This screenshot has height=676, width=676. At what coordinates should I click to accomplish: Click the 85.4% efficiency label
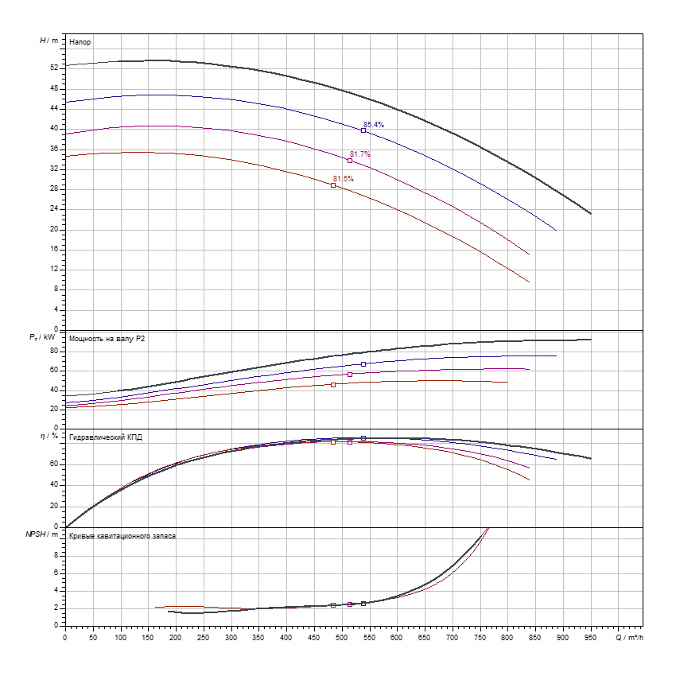pyautogui.click(x=374, y=125)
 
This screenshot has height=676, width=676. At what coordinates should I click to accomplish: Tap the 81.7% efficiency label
pyautogui.click(x=360, y=154)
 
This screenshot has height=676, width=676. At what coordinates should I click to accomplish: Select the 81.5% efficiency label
pyautogui.click(x=344, y=179)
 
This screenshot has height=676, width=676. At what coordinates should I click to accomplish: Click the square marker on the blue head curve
pyautogui.click(x=363, y=130)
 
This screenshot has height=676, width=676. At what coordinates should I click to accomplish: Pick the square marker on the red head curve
pyautogui.click(x=333, y=185)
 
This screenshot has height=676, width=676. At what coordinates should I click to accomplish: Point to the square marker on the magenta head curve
pyautogui.click(x=350, y=161)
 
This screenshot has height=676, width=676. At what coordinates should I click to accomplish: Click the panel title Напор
pyautogui.click(x=79, y=41)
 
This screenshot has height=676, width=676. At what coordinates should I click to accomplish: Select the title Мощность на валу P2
pyautogui.click(x=107, y=339)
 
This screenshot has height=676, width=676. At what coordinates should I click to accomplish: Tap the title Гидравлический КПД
pyautogui.click(x=106, y=437)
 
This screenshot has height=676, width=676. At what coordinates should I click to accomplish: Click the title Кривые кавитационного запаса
pyautogui.click(x=122, y=536)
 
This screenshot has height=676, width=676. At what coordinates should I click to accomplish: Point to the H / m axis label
pyautogui.click(x=49, y=40)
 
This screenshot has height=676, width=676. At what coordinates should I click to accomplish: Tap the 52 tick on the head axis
pyautogui.click(x=54, y=68)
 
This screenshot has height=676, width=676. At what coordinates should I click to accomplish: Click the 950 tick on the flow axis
pyautogui.click(x=590, y=637)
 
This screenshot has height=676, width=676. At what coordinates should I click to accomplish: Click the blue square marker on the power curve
pyautogui.click(x=363, y=364)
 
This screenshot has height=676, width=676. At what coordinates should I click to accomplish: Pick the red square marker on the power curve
pyautogui.click(x=333, y=385)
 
